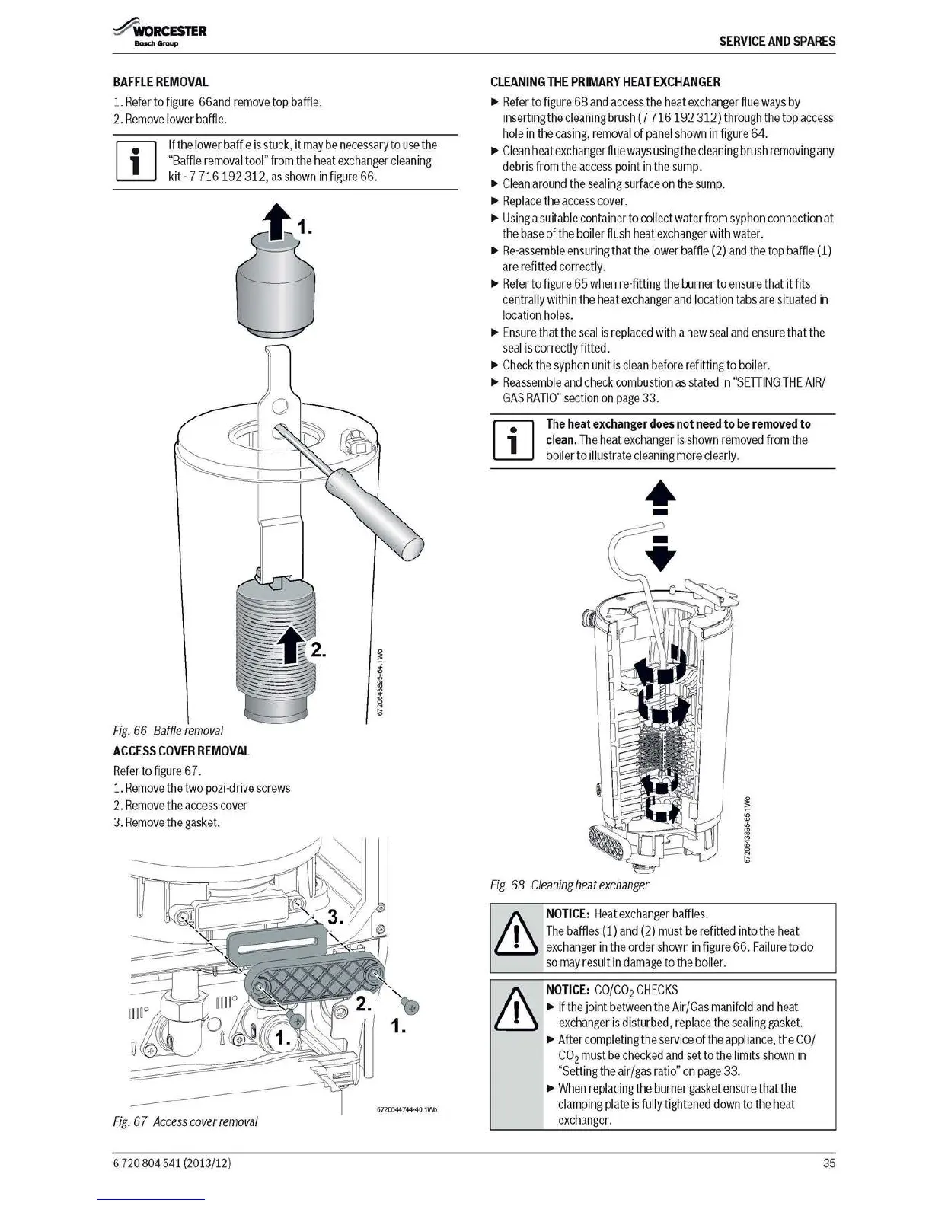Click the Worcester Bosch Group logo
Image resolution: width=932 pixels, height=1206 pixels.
tap(159, 33)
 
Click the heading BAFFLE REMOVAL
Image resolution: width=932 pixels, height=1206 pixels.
tap(160, 82)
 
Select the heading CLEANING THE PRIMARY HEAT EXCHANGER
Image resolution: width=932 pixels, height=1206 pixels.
tap(605, 82)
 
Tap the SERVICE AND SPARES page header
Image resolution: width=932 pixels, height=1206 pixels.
tap(777, 41)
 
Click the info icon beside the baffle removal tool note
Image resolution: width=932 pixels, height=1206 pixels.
tap(136, 161)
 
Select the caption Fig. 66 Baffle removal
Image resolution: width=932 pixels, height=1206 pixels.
tap(168, 730)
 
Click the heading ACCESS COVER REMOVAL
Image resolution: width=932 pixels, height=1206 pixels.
tap(181, 751)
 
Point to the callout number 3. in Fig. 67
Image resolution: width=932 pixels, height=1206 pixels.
tap(335, 918)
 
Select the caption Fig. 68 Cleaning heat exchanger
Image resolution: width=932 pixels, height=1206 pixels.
tap(569, 885)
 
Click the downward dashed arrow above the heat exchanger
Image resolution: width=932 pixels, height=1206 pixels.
tap(660, 554)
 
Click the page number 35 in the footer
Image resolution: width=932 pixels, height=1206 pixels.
tap(828, 1163)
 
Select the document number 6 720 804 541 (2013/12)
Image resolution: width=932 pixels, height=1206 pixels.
tap(171, 1163)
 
